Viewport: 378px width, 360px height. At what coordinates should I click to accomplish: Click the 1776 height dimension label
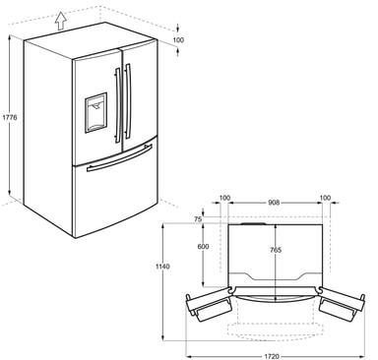coord(11,119)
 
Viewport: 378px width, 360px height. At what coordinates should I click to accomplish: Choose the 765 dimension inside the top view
coord(276,251)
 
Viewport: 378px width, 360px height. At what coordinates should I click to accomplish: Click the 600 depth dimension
coord(204,247)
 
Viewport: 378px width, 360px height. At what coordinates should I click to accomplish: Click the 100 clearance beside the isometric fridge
coord(176,40)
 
